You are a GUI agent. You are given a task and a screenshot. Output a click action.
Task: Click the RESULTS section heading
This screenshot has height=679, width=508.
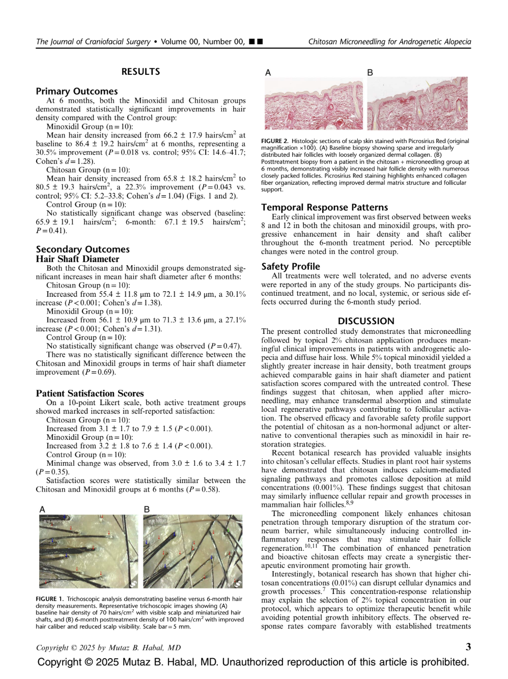[x=140, y=72]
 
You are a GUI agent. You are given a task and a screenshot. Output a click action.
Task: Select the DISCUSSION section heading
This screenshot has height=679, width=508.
[x=366, y=321]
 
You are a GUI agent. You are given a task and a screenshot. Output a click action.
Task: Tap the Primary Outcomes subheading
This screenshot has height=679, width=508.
[x=76, y=91]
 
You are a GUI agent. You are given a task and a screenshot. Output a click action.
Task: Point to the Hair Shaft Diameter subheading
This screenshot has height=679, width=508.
[x=77, y=259]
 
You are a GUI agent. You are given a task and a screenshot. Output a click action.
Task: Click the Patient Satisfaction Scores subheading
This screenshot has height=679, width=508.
[x=90, y=393]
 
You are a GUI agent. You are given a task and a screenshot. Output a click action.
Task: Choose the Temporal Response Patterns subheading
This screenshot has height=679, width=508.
[x=324, y=207]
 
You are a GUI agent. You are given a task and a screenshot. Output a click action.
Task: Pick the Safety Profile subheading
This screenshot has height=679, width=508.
[x=291, y=266]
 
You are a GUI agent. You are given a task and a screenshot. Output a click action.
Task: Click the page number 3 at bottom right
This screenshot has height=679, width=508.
[x=468, y=647]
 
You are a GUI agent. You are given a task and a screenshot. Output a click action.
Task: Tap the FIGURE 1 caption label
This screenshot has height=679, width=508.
[x=49, y=599]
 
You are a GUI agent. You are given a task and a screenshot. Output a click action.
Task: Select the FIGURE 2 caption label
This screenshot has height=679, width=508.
[x=274, y=141]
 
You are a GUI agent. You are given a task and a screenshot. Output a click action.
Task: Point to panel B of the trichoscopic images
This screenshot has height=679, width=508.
[x=192, y=551]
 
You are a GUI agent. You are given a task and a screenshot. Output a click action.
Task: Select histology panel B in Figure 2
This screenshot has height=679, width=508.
[x=417, y=104]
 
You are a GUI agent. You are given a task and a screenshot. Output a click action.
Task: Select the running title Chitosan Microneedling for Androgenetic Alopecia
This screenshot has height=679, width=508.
[x=389, y=42]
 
